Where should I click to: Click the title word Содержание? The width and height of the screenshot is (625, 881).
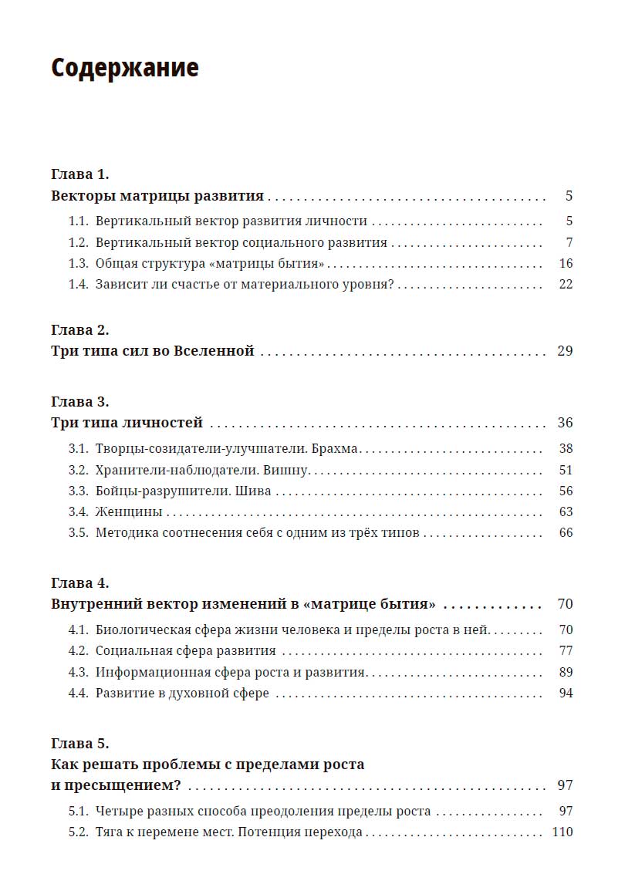click(125, 68)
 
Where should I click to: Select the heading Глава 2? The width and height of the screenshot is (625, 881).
click(80, 329)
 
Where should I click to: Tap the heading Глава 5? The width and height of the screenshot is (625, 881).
click(80, 744)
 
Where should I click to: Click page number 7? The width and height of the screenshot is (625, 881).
click(569, 242)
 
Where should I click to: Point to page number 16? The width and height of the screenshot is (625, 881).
click(566, 263)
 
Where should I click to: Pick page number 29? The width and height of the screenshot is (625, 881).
click(565, 351)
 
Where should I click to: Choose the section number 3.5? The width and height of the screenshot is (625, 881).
click(78, 532)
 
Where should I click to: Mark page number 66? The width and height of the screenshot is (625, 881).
click(566, 532)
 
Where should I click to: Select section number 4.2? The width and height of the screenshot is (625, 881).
click(78, 650)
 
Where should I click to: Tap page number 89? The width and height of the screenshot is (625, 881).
click(566, 671)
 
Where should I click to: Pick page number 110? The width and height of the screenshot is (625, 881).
click(562, 832)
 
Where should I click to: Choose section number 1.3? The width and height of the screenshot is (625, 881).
click(78, 263)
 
